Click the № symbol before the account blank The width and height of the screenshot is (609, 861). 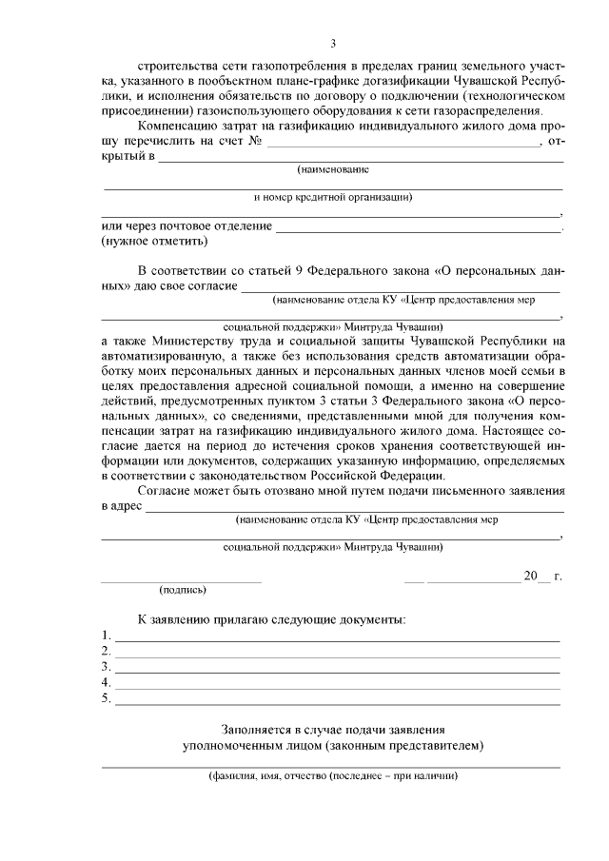(x=255, y=142)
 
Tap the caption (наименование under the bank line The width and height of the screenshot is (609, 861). (x=332, y=169)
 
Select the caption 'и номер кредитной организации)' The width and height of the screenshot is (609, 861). (x=332, y=198)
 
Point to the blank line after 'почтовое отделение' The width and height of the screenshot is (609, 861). (x=419, y=229)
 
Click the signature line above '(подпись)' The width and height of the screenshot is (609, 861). (x=181, y=579)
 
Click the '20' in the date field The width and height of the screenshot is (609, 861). (x=530, y=576)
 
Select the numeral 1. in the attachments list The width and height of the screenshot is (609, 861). (x=107, y=635)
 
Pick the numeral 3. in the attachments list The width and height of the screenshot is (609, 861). (x=107, y=667)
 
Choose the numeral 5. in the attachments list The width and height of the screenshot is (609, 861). (x=107, y=699)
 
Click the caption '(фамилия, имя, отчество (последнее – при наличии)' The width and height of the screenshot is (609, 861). (x=333, y=776)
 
